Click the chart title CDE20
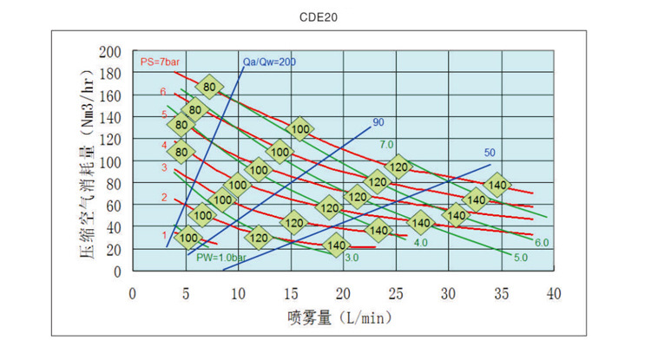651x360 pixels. [x=323, y=15]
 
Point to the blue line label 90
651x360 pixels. [x=378, y=122]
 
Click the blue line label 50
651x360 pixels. [x=490, y=154]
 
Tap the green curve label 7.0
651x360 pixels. [x=386, y=144]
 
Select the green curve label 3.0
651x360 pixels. [x=352, y=258]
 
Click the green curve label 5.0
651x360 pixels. [x=521, y=258]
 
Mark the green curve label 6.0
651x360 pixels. [x=542, y=242]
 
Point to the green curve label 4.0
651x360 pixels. [x=421, y=243]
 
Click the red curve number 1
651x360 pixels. [x=164, y=234]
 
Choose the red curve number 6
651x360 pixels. [x=162, y=92]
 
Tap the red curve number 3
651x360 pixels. [x=163, y=167]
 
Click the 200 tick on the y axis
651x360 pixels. [x=110, y=52]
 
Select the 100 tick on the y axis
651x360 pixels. [x=110, y=162]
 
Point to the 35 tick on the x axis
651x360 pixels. [x=502, y=293]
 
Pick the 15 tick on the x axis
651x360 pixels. [x=291, y=293]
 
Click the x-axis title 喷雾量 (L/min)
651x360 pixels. [x=334, y=317]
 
